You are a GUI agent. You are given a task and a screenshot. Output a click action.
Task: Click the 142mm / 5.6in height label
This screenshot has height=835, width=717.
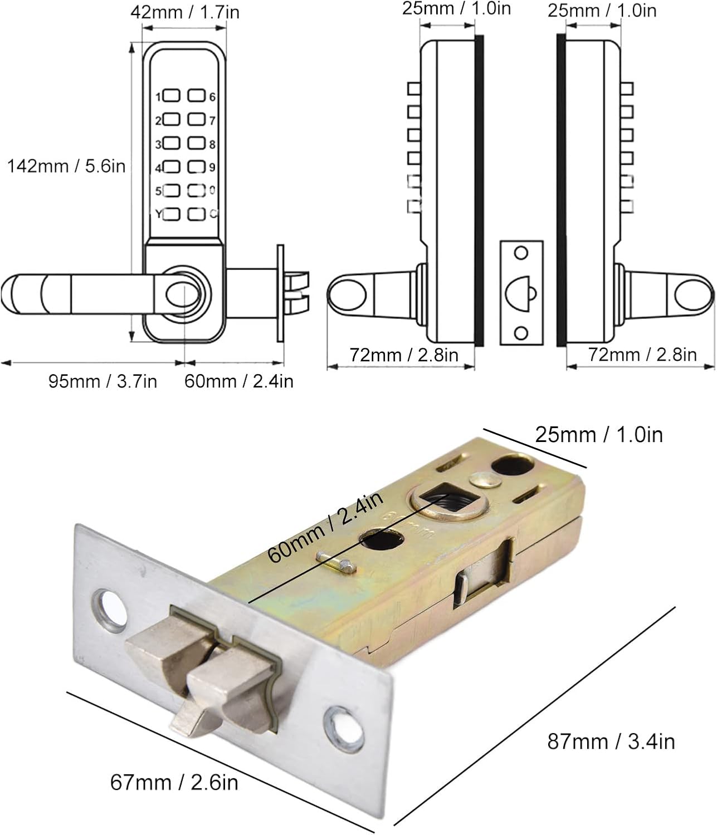[x=66, y=166]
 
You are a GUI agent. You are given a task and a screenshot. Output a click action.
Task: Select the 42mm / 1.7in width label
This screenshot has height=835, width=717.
[x=184, y=12]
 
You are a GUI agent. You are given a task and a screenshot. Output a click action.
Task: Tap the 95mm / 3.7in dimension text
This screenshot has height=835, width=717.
[x=103, y=381]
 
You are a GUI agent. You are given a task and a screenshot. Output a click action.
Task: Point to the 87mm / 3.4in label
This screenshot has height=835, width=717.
[x=611, y=741]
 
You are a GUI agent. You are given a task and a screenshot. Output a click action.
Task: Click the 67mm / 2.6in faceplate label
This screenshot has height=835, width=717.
[x=174, y=782]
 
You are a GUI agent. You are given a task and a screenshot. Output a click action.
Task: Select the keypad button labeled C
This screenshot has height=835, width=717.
[x=196, y=214]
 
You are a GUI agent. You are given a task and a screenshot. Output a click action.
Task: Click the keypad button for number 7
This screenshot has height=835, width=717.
[x=196, y=120]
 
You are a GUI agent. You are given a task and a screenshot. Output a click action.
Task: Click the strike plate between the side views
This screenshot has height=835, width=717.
[x=521, y=293]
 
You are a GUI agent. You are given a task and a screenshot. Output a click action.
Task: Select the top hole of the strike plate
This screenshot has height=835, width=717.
[x=521, y=253]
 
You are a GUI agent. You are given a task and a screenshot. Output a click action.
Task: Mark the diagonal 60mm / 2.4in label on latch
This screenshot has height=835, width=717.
[x=325, y=527]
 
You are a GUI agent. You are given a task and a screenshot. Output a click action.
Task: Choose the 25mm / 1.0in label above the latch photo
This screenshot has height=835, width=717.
[x=599, y=434]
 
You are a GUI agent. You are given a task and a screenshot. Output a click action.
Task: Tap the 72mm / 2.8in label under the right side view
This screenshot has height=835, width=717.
[x=642, y=355]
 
